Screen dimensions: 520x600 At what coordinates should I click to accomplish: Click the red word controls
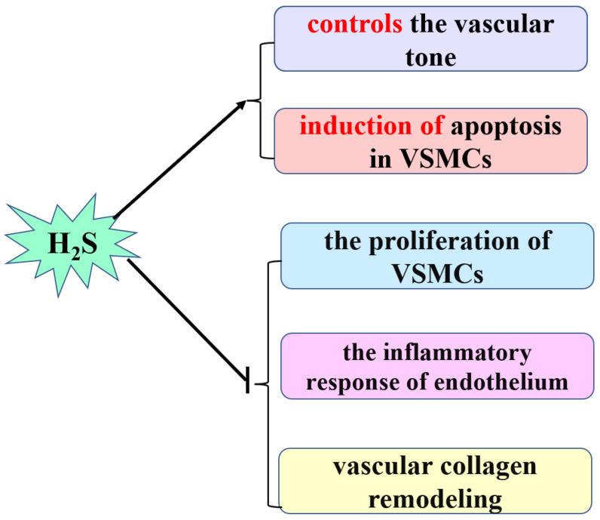click(354, 26)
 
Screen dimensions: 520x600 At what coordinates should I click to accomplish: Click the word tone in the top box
click(430, 56)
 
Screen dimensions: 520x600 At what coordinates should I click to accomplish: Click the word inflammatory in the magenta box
click(452, 353)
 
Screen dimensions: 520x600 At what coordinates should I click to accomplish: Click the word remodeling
click(430, 497)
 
